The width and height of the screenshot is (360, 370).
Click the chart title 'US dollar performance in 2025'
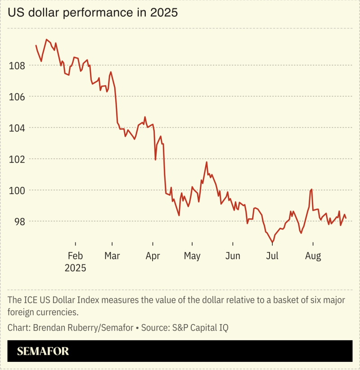tap(92, 13)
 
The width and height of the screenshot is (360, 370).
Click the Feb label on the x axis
tap(75, 256)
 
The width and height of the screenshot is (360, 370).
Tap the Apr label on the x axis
tap(153, 256)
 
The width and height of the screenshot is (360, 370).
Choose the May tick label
tap(192, 256)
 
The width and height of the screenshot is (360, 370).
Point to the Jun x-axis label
tap(233, 256)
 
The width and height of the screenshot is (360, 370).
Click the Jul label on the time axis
tap(272, 256)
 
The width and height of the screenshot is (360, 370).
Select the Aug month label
tap(313, 256)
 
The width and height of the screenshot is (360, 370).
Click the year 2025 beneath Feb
tap(75, 268)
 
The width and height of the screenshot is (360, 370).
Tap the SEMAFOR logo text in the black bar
tap(43, 351)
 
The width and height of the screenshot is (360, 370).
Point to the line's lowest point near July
tap(272, 243)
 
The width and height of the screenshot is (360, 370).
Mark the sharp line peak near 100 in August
tap(311, 190)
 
